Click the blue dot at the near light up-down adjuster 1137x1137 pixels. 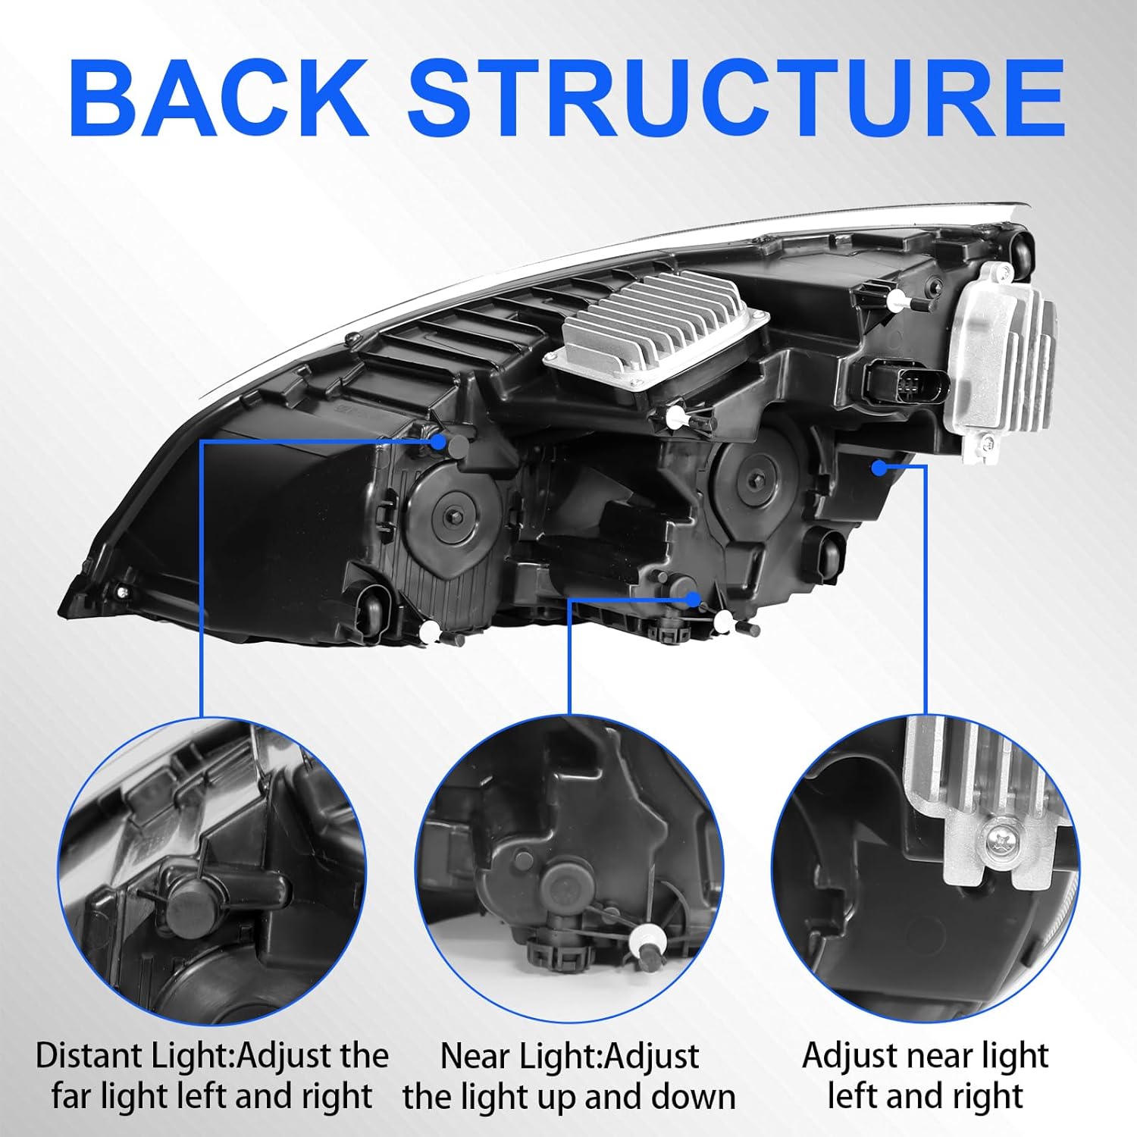[x=693, y=599]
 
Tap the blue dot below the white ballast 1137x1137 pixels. [x=879, y=468]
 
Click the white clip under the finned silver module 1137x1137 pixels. [x=673, y=415]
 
